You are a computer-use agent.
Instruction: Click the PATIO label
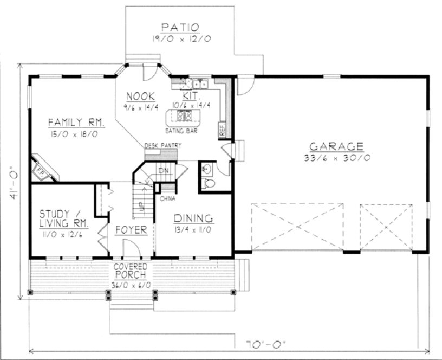tap(180, 28)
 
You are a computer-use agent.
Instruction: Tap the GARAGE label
tap(336, 146)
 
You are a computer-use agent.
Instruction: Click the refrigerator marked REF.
tap(222, 131)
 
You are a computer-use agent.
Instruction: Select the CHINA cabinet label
tap(167, 198)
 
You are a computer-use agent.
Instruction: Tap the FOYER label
tap(131, 230)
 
